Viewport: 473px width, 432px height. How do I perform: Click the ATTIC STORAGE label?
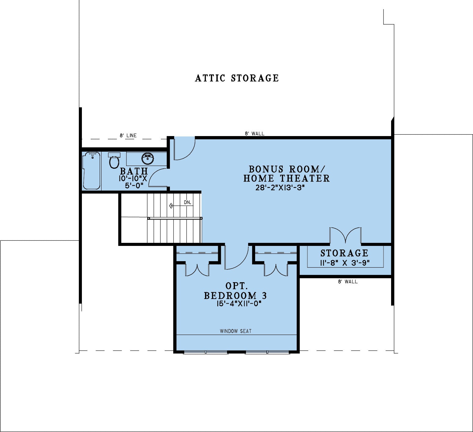(237, 78)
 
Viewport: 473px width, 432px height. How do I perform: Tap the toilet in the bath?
(114, 161)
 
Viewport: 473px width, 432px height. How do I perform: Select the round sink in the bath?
(148, 158)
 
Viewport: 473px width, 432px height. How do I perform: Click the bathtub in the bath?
(91, 171)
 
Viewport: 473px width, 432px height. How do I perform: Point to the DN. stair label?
(187, 202)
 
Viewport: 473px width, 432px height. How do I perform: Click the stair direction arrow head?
(171, 206)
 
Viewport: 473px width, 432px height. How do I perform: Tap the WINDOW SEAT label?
(236, 331)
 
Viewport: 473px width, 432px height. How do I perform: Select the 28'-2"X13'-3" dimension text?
(280, 187)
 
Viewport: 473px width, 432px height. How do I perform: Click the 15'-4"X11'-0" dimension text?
(239, 304)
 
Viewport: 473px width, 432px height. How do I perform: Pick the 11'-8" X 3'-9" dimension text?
(345, 263)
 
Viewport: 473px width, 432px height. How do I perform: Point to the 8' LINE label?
(128, 135)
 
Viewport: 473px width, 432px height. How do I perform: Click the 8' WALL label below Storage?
(348, 282)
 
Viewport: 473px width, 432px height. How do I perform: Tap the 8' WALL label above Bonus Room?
(255, 133)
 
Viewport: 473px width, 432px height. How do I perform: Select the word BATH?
(134, 171)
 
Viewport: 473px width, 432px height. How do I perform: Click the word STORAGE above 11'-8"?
(344, 253)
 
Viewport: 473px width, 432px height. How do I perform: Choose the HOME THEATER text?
(287, 178)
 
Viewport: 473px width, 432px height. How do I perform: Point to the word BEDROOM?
(230, 296)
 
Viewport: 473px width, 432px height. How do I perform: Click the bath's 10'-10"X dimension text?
(133, 178)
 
